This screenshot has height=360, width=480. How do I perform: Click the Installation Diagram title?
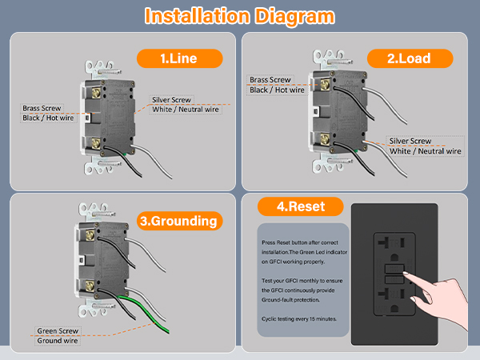point(239,16)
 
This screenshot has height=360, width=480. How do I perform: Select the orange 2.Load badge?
point(409,58)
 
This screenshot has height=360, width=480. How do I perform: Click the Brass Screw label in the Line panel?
point(42,107)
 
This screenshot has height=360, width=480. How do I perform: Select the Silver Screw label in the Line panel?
point(173,99)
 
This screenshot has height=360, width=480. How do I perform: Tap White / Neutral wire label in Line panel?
point(186,110)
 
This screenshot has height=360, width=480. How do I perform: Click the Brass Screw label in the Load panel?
point(270,80)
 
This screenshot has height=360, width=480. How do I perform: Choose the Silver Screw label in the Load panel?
point(410,141)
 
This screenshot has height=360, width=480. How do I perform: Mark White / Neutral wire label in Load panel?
point(425,151)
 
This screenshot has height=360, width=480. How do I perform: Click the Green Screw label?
point(58,330)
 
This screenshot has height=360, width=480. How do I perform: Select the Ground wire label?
point(58,341)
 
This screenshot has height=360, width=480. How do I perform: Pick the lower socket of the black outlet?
point(392,308)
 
